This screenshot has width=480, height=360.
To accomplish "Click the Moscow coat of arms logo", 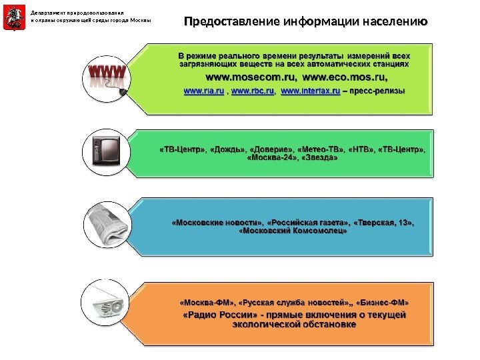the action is [11, 19].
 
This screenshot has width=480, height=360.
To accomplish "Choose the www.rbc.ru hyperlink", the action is [253, 90].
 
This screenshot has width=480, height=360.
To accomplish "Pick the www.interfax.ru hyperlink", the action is [311, 90].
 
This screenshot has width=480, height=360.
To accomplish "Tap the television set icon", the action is [106, 151].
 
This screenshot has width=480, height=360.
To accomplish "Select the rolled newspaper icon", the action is [106, 225].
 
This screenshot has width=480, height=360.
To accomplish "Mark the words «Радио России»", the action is [207, 314].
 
